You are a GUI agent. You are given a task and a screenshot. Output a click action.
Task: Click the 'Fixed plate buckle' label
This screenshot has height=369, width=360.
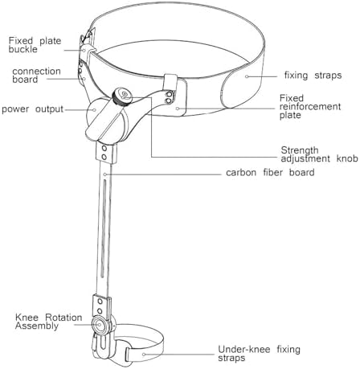pos(35,45)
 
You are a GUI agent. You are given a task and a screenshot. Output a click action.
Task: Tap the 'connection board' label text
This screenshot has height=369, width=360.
pos(36,76)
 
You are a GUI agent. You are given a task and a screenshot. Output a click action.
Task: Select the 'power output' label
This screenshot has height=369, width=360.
pos(32,109)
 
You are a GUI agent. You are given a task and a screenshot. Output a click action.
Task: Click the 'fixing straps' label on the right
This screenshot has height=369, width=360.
pos(313,75)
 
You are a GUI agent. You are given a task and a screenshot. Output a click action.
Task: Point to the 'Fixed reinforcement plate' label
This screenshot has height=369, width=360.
pos(310,106)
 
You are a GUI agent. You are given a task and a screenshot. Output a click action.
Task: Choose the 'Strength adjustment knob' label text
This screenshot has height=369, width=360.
pos(319,154)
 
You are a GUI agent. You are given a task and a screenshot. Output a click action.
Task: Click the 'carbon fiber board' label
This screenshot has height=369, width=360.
pos(270,172)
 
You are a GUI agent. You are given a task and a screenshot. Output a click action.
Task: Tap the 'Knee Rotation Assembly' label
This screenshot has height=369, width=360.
pos(49,322)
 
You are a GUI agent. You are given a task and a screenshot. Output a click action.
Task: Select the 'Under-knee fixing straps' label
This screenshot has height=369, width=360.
pos(259,354)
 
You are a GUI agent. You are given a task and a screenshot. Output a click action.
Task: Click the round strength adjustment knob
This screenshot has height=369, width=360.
pos(122,96)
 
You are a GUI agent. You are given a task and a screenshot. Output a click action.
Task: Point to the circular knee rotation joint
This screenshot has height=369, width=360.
pos(100,325)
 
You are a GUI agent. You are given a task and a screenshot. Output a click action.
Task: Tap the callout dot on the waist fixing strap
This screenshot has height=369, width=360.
pos(247,76)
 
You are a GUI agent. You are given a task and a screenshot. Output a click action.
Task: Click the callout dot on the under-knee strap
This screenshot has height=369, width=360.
pos(144,355)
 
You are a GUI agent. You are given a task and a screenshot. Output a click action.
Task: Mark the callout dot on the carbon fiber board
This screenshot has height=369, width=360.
pos(105,174)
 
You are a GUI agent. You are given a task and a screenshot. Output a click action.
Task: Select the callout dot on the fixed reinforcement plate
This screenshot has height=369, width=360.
pos(178,109)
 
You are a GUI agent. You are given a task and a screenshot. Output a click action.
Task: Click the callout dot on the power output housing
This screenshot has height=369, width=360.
pos(94,109)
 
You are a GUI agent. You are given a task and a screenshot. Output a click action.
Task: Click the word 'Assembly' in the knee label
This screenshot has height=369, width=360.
pos(37,326)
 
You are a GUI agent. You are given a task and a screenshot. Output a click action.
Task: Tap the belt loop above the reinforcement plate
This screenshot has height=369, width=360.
pos(170,83)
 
